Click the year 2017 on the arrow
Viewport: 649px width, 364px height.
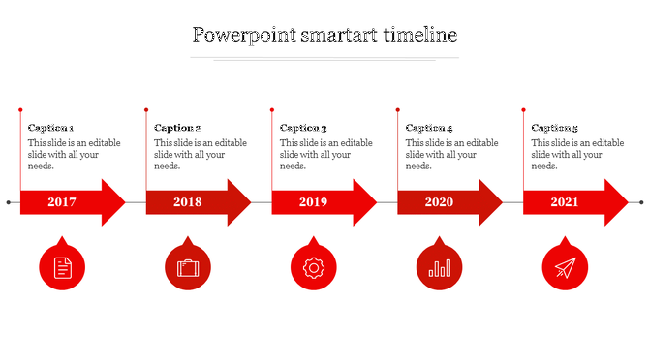pyautogui.click(x=62, y=202)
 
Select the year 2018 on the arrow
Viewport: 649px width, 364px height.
pyautogui.click(x=188, y=202)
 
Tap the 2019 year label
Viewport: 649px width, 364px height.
pyautogui.click(x=314, y=202)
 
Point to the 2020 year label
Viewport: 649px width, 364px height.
pyautogui.click(x=439, y=202)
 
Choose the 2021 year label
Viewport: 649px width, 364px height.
pyautogui.click(x=565, y=202)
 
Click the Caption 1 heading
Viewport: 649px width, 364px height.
pyautogui.click(x=51, y=128)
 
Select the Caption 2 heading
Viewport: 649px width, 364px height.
pyautogui.click(x=177, y=128)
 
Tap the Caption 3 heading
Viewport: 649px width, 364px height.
pyautogui.click(x=303, y=128)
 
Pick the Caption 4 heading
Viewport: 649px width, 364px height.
pyautogui.click(x=429, y=128)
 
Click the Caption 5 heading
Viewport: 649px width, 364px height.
pyautogui.click(x=555, y=128)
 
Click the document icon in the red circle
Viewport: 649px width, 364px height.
pyautogui.click(x=62, y=267)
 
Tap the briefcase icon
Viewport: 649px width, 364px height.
pyautogui.click(x=188, y=267)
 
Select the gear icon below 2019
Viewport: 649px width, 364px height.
pyautogui.click(x=314, y=267)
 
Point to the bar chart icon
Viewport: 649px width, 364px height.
pyautogui.click(x=440, y=267)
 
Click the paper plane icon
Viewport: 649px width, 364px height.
pyautogui.click(x=565, y=267)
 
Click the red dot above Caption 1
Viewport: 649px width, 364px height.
pyautogui.click(x=20, y=109)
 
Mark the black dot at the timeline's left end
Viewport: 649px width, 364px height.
pyautogui.click(x=9, y=202)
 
